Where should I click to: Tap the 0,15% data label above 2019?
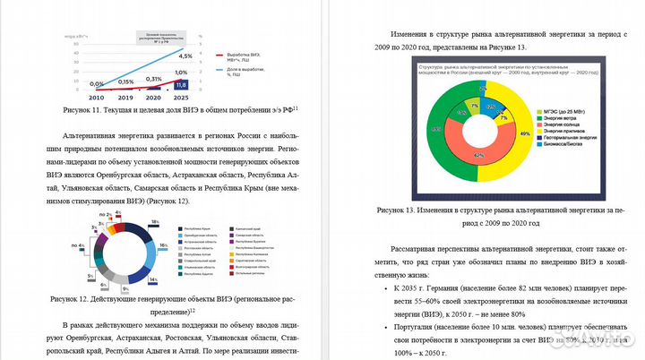tap(126, 81)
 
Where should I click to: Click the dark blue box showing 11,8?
tap(180, 83)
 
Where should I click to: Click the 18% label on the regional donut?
tap(155, 220)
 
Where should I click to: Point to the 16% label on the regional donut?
tap(164, 244)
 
